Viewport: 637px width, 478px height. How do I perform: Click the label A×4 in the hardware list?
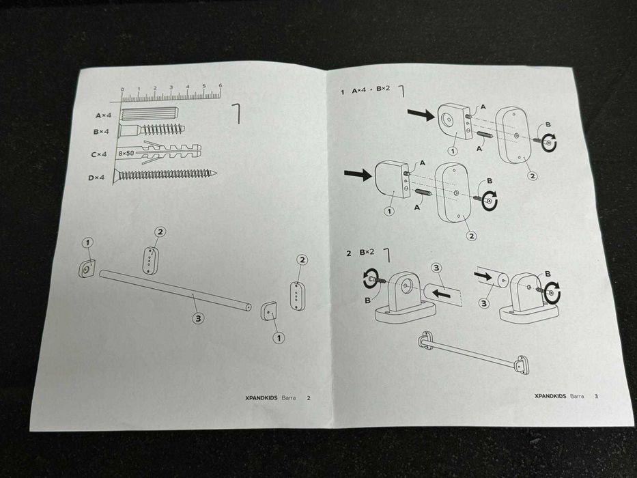click(103, 115)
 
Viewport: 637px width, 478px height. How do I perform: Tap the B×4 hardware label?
click(101, 132)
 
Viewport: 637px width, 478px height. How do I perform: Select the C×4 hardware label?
click(99, 154)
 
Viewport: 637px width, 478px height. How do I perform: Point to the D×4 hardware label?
click(96, 178)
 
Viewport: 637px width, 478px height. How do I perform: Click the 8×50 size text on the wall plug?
click(126, 153)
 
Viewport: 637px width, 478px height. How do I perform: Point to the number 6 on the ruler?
click(221, 86)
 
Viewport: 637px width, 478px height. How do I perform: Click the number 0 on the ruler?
click(122, 89)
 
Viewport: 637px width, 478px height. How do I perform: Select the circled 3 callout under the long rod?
click(198, 318)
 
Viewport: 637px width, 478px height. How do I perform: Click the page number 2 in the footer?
click(309, 398)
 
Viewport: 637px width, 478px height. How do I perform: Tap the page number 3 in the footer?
click(596, 396)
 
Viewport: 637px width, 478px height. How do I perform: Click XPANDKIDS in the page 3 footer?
click(550, 396)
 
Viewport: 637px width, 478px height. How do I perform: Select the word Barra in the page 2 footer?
click(288, 397)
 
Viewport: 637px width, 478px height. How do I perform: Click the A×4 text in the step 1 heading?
click(359, 90)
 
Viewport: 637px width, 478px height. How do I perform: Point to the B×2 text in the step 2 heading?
click(367, 253)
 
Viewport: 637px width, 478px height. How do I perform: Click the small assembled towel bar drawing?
click(474, 352)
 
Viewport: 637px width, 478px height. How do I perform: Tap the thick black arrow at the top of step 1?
click(421, 115)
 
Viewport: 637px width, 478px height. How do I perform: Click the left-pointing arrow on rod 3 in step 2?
click(441, 293)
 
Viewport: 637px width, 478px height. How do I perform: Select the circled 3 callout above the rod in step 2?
click(436, 268)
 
